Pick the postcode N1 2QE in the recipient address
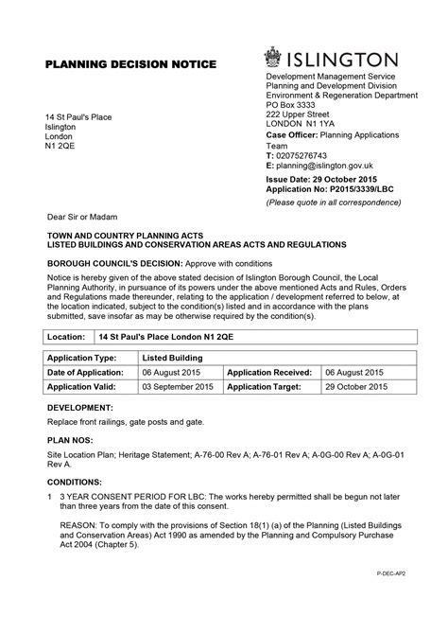click(x=61, y=148)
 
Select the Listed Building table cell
click(x=172, y=359)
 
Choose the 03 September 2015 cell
click(x=178, y=387)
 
